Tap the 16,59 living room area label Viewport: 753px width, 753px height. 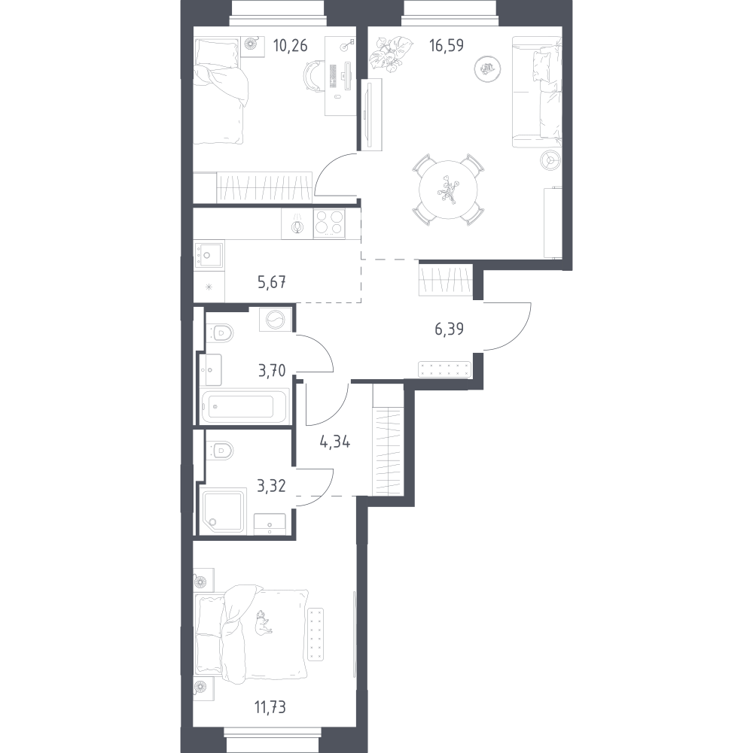click(447, 44)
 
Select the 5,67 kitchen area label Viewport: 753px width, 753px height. click(272, 283)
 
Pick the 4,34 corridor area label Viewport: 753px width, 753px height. click(334, 442)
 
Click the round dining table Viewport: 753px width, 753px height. click(449, 190)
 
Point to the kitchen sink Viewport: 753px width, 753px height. click(207, 254)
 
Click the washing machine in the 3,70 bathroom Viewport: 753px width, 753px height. click(273, 320)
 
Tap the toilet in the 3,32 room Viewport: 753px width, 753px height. click(221, 450)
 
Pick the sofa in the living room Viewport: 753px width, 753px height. click(538, 90)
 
